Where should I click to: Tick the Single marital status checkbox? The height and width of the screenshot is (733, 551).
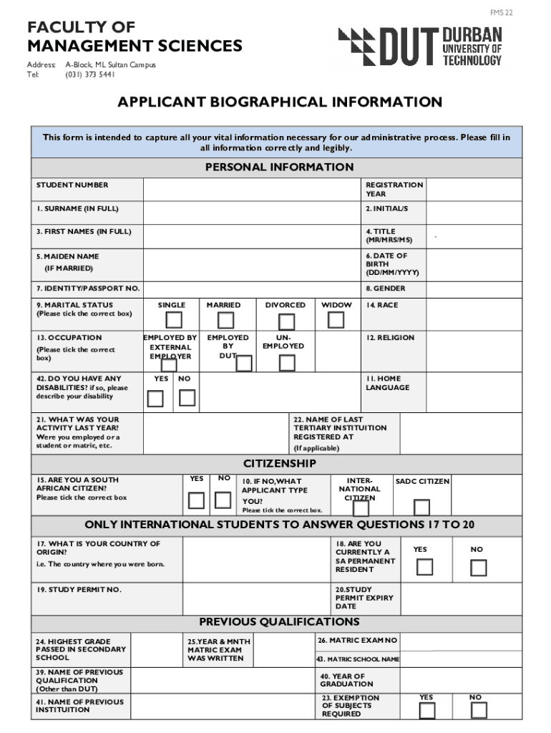[174, 320]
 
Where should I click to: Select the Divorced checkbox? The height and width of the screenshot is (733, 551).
[286, 320]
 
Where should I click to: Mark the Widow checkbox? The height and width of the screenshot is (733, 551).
[336, 320]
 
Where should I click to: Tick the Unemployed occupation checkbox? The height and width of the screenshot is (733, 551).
[287, 363]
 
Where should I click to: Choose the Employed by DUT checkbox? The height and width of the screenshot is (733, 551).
[243, 364]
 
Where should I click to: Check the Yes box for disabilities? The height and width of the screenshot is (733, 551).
[155, 397]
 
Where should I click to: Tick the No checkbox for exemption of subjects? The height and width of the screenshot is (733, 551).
[479, 710]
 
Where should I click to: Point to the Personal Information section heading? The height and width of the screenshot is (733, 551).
[279, 168]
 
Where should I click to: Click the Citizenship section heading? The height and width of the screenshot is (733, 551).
[279, 464]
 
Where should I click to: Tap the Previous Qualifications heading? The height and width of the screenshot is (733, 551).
[279, 622]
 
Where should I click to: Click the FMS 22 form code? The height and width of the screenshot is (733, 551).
[501, 13]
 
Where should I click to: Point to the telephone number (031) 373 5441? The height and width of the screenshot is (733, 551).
[89, 74]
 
